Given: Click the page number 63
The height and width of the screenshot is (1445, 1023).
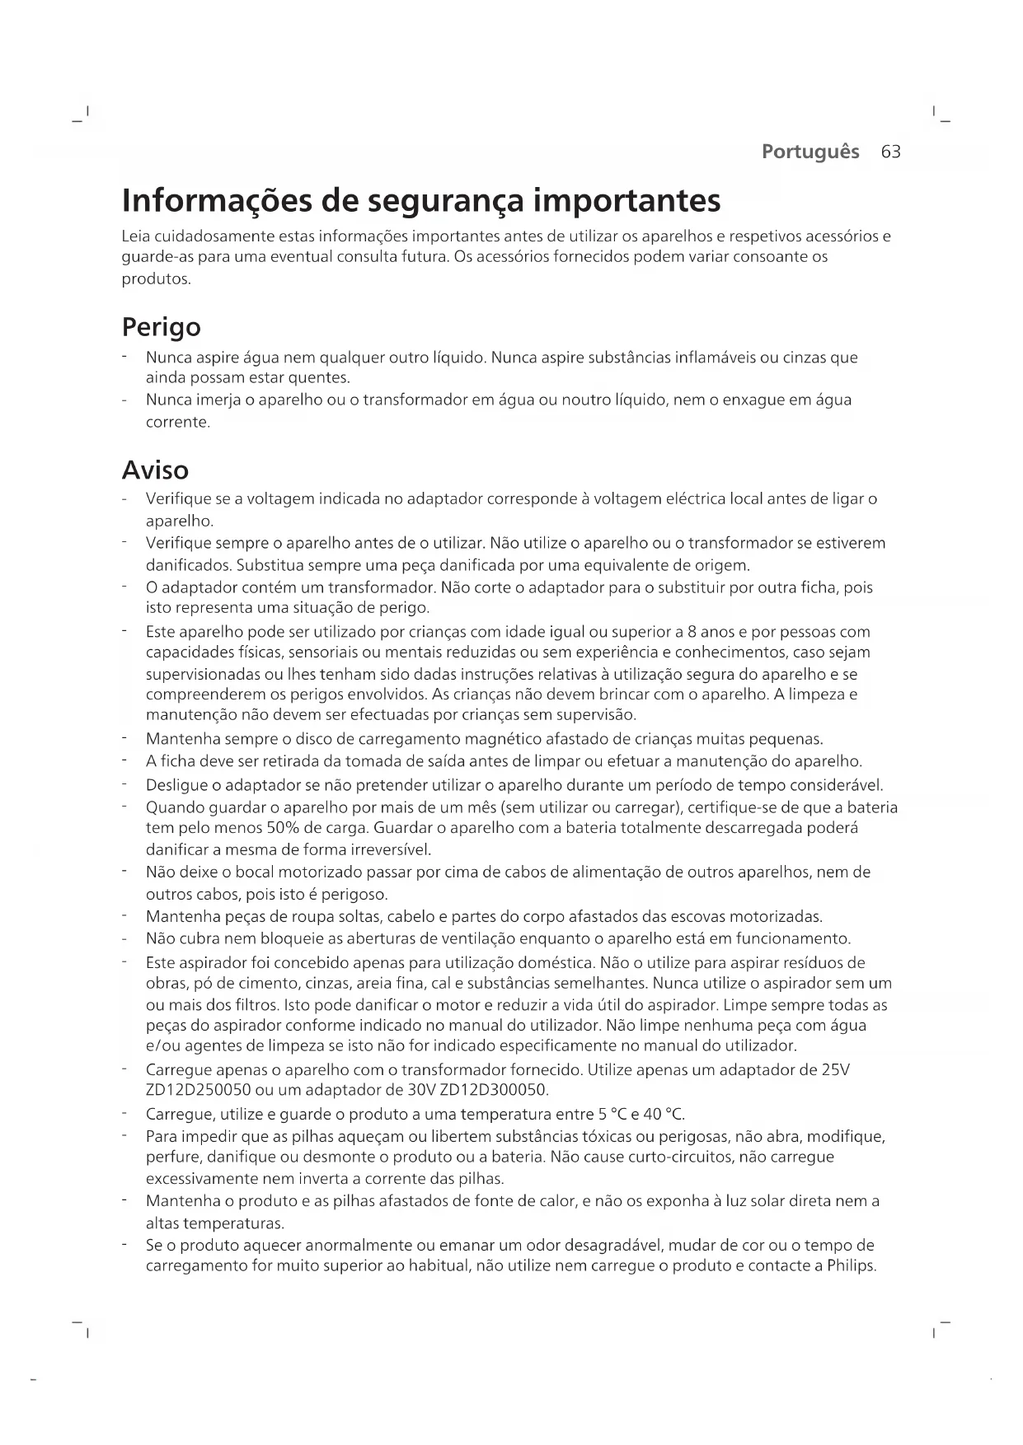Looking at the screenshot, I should (x=890, y=152).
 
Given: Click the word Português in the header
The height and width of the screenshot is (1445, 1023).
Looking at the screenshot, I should (x=810, y=152).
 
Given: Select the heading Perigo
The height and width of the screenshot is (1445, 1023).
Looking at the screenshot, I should (x=161, y=328).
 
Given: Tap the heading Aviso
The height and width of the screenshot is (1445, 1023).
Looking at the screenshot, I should (x=155, y=470).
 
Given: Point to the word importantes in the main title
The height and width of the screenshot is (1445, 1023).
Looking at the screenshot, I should (x=626, y=201).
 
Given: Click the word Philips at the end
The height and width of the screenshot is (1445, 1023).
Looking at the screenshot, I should (x=851, y=1265).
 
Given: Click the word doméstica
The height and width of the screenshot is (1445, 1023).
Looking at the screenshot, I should (x=561, y=963).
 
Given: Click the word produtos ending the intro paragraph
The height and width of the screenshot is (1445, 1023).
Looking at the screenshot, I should (x=156, y=279).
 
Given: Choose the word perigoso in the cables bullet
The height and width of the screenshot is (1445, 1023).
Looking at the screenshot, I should (x=354, y=895).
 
